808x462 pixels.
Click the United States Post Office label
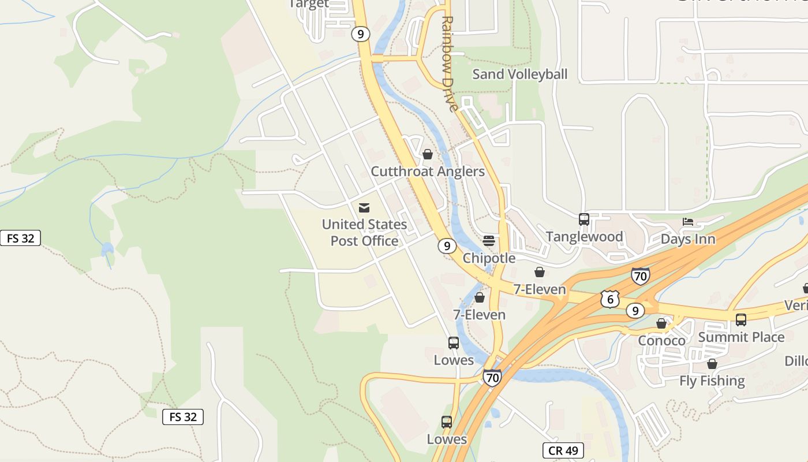click(364, 232)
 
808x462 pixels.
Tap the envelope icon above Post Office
click(364, 208)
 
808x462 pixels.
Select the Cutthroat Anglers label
click(428, 172)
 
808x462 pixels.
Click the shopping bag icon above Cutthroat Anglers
click(428, 154)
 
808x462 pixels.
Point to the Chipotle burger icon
click(489, 240)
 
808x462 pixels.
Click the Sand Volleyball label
click(520, 74)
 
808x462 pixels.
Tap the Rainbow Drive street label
click(449, 62)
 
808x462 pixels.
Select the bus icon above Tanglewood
click(584, 219)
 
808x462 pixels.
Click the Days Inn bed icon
click(687, 222)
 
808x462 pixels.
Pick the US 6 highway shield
click(609, 299)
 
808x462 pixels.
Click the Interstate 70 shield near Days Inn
click(640, 276)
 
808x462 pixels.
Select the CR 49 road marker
click(563, 450)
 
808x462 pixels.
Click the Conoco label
click(661, 341)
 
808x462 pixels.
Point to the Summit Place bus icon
click(741, 319)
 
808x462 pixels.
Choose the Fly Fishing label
click(712, 381)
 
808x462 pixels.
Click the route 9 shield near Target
click(360, 34)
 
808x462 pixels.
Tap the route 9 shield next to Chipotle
click(447, 246)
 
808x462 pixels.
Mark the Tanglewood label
click(584, 237)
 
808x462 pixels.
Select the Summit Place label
click(741, 337)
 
